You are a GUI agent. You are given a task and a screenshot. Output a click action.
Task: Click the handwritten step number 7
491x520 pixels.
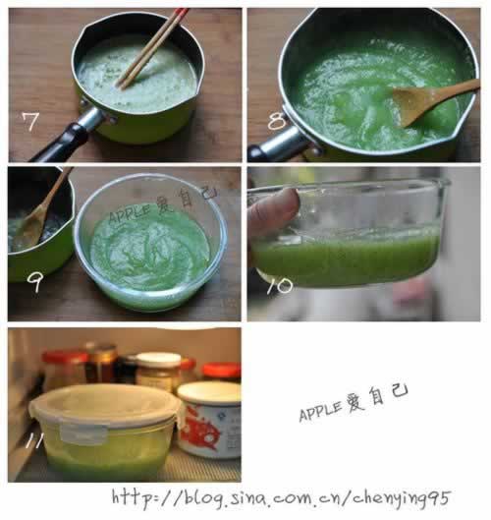point(30,121)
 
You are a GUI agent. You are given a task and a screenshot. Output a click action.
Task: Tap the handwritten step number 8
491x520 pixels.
point(277,121)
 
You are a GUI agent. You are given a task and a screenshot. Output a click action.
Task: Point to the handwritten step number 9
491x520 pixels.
point(34,282)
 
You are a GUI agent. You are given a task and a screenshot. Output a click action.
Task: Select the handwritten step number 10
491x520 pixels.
point(280,286)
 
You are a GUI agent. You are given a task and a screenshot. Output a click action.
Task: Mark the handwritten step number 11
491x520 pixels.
point(34,441)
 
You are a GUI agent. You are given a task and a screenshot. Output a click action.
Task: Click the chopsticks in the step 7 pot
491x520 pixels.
point(152,49)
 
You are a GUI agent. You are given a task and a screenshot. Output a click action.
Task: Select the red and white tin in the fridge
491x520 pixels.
point(210,420)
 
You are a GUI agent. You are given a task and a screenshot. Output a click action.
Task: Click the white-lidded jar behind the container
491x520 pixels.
point(158,372)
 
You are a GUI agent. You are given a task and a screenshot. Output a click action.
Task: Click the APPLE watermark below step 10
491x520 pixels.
point(354,403)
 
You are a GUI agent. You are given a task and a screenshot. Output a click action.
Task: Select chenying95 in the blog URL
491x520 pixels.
point(401,498)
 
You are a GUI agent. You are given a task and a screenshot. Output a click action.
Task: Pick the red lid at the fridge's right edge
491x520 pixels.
point(221,371)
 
